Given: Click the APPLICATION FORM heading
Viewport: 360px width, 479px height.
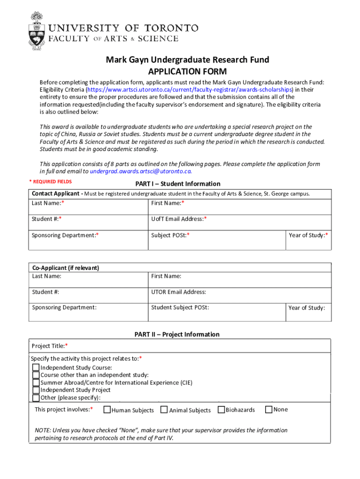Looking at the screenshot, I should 187,72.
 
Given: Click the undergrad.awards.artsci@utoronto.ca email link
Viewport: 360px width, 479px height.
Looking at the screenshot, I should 141,171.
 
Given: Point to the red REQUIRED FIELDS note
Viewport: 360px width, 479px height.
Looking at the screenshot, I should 50,181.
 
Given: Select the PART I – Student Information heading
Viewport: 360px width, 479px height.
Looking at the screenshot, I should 178,184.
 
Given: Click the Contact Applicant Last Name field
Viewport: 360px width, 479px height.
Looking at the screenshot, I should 89,206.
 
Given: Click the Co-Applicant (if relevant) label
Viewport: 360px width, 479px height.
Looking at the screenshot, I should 65,268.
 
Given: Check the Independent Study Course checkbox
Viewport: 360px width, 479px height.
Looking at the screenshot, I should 36,368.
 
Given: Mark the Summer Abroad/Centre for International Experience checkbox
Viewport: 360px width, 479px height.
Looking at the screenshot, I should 36,383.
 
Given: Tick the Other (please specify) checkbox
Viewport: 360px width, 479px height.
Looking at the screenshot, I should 36,398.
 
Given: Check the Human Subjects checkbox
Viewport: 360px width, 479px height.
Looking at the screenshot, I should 107,410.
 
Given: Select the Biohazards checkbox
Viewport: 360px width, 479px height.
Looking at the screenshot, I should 222,410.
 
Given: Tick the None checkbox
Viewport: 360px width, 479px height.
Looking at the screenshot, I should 269,410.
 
